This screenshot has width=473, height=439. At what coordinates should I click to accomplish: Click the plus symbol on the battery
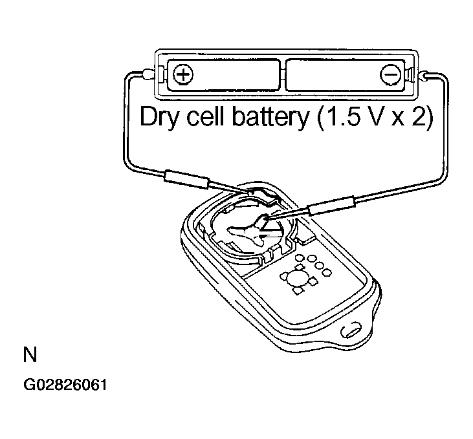click(183, 74)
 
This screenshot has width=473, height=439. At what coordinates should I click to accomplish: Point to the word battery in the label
click(270, 118)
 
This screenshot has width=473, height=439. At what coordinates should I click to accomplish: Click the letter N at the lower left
click(30, 354)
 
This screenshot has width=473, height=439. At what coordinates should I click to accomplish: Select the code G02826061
click(65, 385)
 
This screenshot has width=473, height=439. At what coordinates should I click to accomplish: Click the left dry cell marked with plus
click(223, 75)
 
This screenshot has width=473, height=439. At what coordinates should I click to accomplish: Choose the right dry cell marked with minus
click(346, 75)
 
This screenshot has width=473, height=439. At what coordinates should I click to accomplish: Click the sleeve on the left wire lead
click(186, 180)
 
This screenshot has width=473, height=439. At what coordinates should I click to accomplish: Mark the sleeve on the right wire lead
click(331, 206)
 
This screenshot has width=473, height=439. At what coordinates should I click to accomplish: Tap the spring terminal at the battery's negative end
click(409, 74)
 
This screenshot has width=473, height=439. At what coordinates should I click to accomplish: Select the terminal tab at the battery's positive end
click(161, 74)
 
